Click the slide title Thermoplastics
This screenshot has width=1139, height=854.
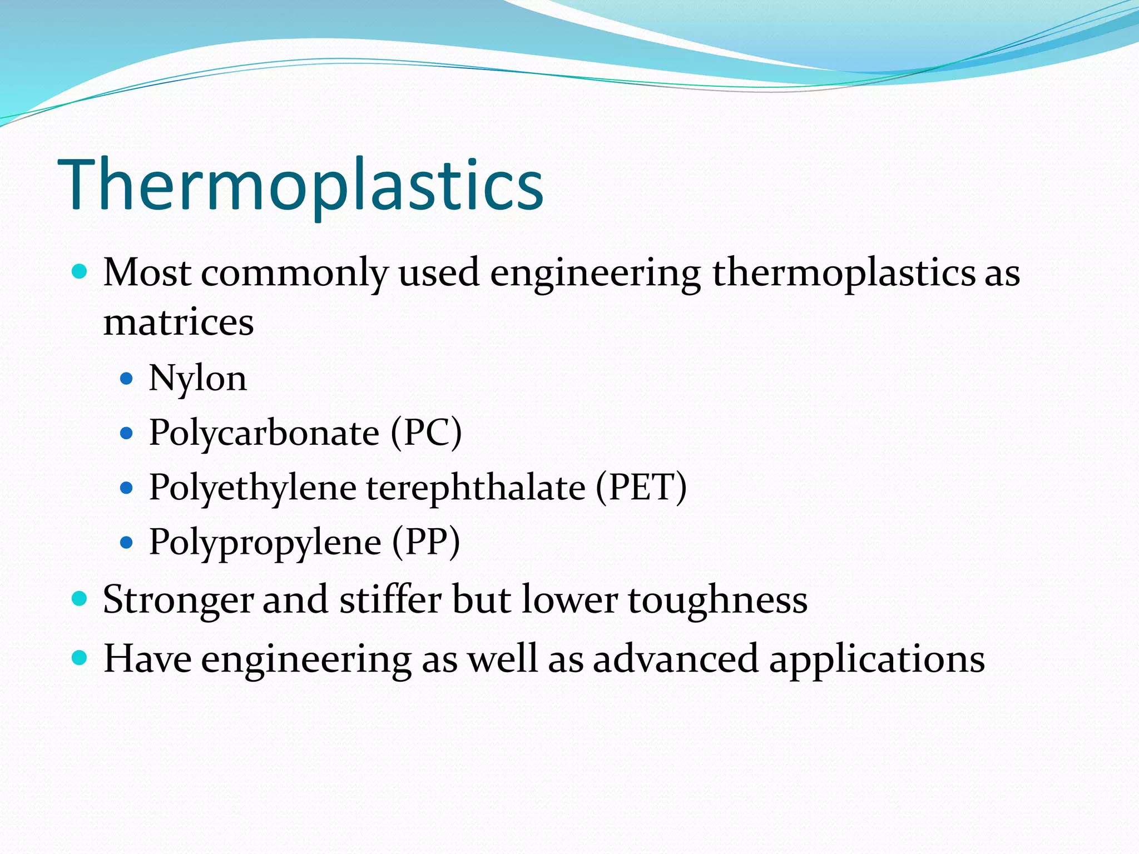pos(300,185)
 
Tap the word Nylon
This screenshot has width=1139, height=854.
pos(197,379)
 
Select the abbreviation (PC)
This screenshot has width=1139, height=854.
pos(426,433)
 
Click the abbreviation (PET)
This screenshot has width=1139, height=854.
pos(641,487)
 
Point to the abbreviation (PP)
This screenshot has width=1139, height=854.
pos(426,542)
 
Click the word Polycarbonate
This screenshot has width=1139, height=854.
pos(264,433)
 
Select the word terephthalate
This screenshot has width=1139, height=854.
pos(476,487)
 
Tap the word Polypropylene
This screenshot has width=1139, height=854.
pos(265,543)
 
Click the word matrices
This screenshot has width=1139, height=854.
pos(179,322)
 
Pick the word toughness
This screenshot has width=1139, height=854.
pos(717,600)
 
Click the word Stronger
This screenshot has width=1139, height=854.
pos(177,600)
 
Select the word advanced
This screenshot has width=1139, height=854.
pos(675,659)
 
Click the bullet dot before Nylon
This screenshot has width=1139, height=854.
pos(127,379)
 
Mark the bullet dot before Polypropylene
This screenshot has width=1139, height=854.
pos(127,542)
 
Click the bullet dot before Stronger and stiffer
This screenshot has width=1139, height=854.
pos(80,599)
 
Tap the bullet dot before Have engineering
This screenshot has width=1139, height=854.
pos(80,658)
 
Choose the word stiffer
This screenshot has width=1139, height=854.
pos(390,600)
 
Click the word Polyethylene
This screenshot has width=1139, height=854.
pos(252,488)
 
